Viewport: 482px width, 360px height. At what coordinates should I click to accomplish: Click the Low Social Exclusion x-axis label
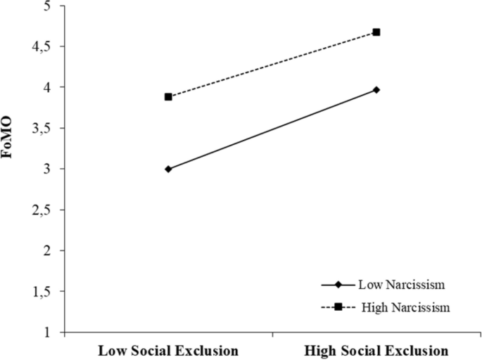coord(167,349)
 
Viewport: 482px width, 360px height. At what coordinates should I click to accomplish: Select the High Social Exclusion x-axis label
coord(376,349)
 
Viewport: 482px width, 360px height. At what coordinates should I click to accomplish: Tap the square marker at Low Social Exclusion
coord(168,96)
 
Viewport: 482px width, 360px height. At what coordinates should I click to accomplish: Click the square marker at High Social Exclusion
coord(376,32)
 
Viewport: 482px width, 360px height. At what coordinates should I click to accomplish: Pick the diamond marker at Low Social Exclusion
coord(168,169)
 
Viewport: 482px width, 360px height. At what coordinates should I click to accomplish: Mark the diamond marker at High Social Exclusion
coord(376,90)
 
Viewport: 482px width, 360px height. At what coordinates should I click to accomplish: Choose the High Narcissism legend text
coord(400,307)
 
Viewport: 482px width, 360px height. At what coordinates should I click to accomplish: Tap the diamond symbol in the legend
coord(338,285)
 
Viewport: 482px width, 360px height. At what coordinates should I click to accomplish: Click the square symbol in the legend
coord(338,307)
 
